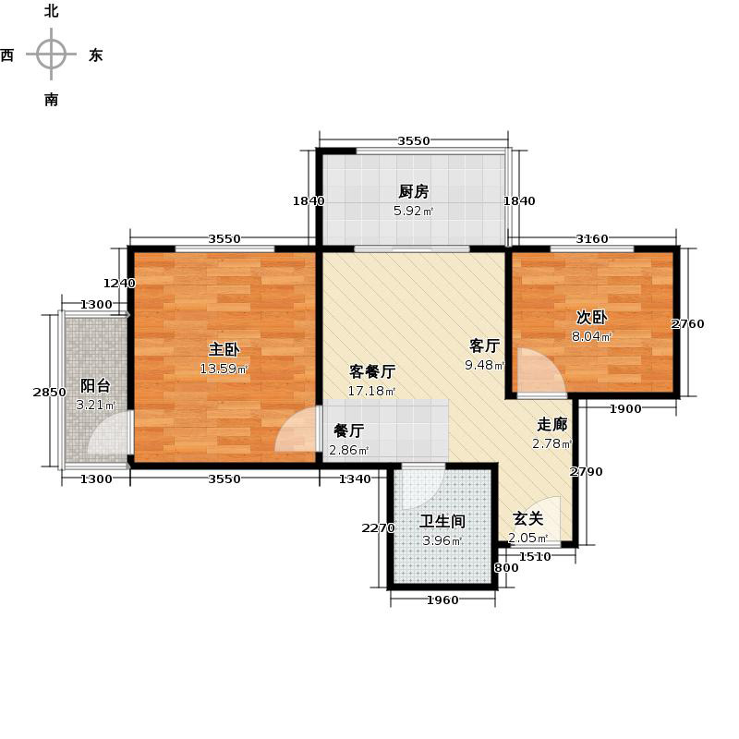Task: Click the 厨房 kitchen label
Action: (x=414, y=192)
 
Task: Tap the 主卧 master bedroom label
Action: (x=224, y=350)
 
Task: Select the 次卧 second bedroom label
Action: (x=591, y=317)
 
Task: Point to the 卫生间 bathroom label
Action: (x=442, y=521)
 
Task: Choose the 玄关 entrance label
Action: (x=528, y=519)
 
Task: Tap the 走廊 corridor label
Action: (x=552, y=425)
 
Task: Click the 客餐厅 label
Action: (x=372, y=372)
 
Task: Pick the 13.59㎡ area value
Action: (x=224, y=369)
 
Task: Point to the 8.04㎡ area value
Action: (x=591, y=336)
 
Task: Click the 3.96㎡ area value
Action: (x=442, y=540)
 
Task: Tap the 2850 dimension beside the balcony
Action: (x=49, y=393)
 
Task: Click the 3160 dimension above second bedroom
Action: (x=592, y=239)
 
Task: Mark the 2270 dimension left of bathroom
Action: (x=378, y=528)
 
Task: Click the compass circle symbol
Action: (x=51, y=55)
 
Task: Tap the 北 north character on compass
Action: (x=51, y=12)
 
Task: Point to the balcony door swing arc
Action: (x=109, y=434)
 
